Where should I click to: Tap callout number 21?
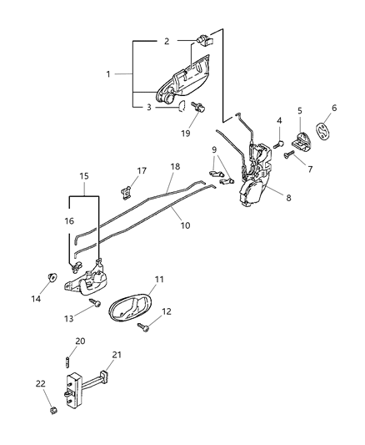pyautogui.click(x=117, y=355)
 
